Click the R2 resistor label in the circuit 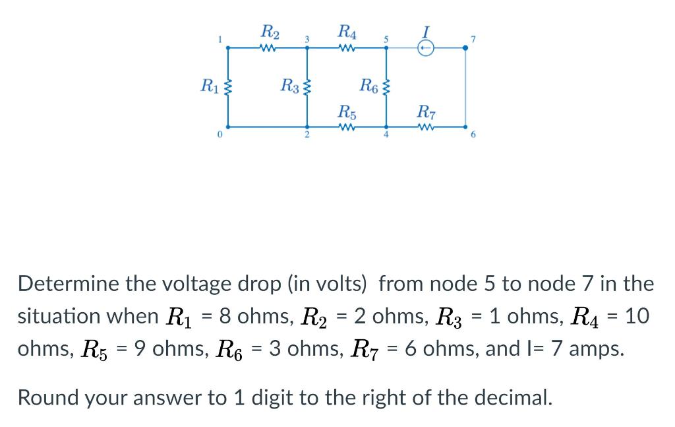[x=270, y=32]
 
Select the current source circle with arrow [x=426, y=48]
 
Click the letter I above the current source [x=426, y=31]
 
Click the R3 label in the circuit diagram [x=289, y=85]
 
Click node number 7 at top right [x=473, y=40]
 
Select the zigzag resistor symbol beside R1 [x=229, y=86]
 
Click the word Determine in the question [x=69, y=284]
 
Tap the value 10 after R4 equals [x=637, y=316]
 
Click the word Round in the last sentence [x=47, y=397]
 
